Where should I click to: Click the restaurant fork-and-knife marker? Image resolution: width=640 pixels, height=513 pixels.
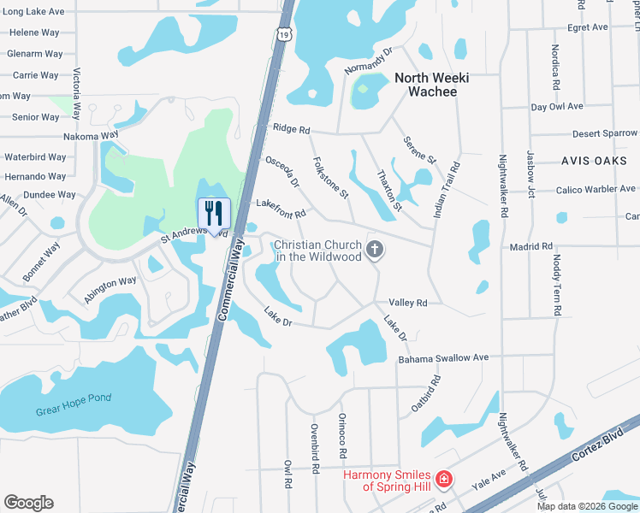pyautogui.click(x=214, y=213)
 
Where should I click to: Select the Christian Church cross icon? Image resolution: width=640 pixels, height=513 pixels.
pyautogui.click(x=374, y=250)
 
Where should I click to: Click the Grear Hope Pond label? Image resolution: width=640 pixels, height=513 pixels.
pyautogui.click(x=75, y=404)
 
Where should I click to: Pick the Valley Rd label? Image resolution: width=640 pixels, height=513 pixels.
pyautogui.click(x=407, y=303)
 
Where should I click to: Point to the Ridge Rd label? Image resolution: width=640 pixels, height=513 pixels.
pyautogui.click(x=291, y=128)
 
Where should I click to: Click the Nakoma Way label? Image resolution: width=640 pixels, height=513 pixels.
pyautogui.click(x=91, y=136)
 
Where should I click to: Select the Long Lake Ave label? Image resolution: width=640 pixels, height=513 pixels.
pyautogui.click(x=35, y=12)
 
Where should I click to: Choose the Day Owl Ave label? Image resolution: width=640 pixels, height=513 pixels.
pyautogui.click(x=556, y=107)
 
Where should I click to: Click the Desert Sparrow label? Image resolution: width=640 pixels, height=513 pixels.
pyautogui.click(x=605, y=133)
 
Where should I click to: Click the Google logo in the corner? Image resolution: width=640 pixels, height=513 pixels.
pyautogui.click(x=28, y=502)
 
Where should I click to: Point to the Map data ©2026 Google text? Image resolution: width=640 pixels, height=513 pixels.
pyautogui.click(x=587, y=505)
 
